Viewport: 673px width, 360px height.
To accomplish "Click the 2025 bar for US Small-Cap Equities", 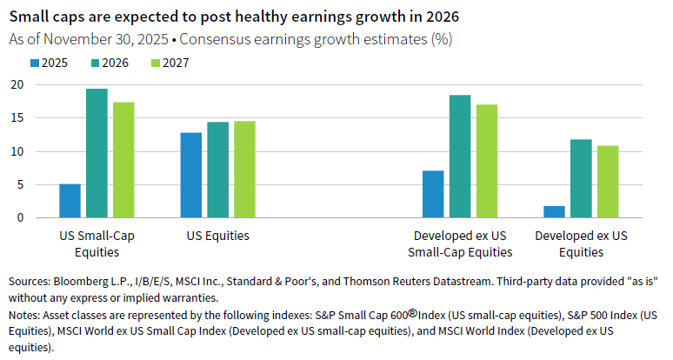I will click(x=70, y=201).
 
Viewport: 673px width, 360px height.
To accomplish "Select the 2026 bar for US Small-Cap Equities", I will click(x=97, y=153).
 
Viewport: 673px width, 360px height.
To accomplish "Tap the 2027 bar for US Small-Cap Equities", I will click(x=124, y=160).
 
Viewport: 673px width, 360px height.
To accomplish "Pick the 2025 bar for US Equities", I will click(x=191, y=175).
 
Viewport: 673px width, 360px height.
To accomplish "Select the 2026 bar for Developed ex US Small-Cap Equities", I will click(x=460, y=157).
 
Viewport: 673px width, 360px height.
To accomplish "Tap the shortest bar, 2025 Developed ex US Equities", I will click(x=554, y=211).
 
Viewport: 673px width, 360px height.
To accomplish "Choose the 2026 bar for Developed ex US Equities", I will click(x=581, y=178).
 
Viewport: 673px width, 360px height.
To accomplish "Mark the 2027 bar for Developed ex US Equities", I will click(x=608, y=182).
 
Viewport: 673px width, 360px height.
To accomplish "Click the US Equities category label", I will click(x=218, y=236).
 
